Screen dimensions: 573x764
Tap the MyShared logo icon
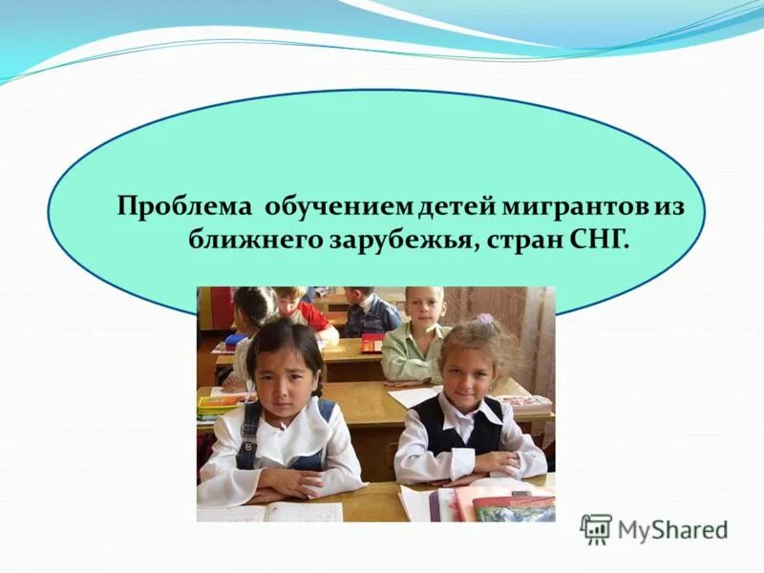pyautogui.click(x=596, y=529)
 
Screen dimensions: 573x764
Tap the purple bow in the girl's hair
pyautogui.click(x=485, y=319)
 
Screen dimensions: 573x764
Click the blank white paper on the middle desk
pyautogui.click(x=413, y=396)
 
